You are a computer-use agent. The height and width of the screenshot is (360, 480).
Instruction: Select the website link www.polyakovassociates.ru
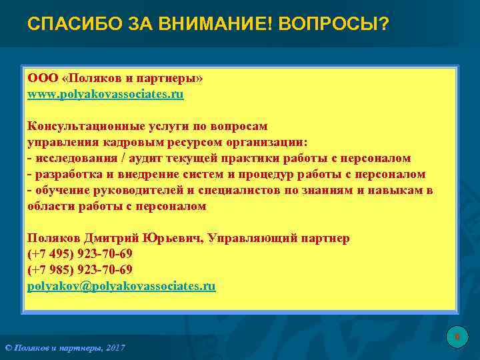105,95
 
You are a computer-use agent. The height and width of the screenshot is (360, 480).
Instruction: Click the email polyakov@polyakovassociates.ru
121,286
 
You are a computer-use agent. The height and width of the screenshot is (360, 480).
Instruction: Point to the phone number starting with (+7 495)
79,254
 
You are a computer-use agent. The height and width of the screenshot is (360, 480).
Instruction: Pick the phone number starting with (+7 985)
79,270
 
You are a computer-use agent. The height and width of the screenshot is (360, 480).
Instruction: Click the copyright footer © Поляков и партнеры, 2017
65,348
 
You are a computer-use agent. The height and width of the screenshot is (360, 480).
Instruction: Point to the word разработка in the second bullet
65,175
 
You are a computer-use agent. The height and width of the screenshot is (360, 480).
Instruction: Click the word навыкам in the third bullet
390,191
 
